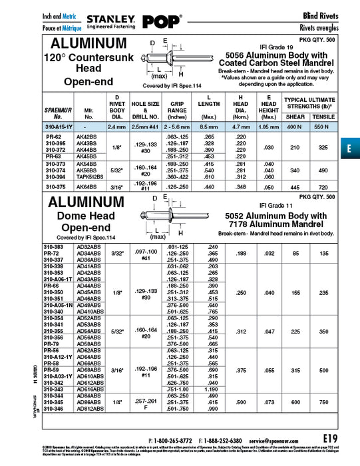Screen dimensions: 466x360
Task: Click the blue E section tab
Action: click(x=349, y=149)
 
